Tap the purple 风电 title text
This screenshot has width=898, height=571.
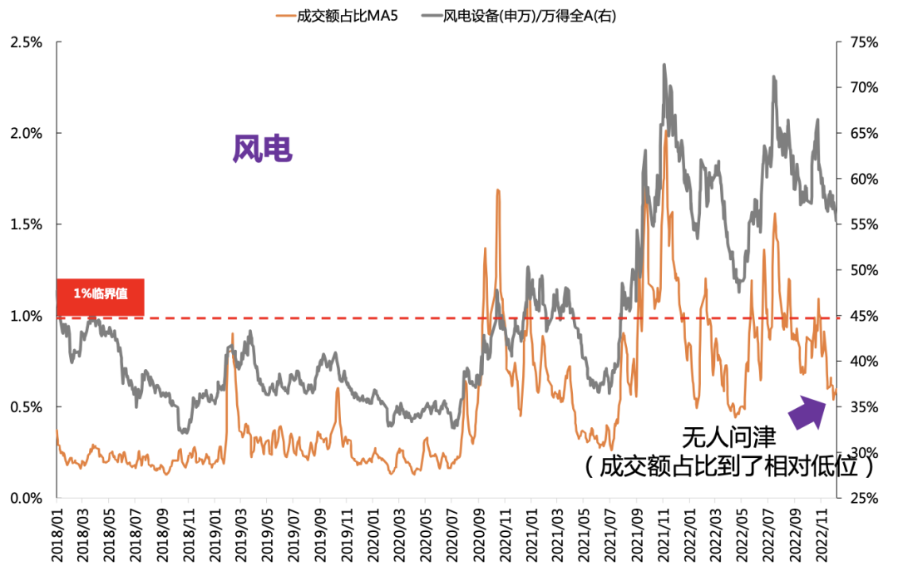[262, 150]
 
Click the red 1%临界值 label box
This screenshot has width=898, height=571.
[101, 296]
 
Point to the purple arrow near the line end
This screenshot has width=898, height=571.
[805, 411]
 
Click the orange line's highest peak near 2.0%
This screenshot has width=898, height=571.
[666, 131]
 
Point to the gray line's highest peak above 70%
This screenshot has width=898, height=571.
[664, 65]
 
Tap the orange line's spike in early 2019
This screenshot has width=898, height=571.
[232, 334]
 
